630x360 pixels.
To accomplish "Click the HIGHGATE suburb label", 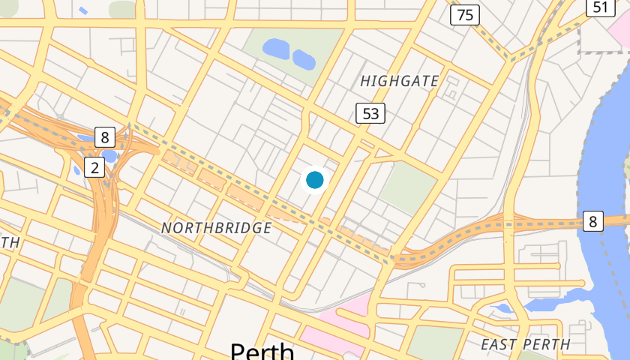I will point(399,81).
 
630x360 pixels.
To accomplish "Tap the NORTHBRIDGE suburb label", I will point(216,227).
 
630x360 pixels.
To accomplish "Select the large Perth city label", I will point(262,352).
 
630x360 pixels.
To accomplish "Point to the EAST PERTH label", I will point(525,344).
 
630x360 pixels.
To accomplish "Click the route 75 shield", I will point(466,14).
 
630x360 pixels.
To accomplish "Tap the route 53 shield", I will point(370,113).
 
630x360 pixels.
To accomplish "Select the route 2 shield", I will point(94,166).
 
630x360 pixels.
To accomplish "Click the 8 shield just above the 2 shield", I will point(105,136).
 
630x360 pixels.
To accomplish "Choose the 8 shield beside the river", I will point(593,221).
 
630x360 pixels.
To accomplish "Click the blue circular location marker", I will point(315,180).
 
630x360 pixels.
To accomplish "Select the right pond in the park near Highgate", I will point(304,58).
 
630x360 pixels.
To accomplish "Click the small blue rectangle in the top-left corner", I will point(81,11).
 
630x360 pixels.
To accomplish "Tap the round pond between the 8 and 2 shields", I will point(109,155).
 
